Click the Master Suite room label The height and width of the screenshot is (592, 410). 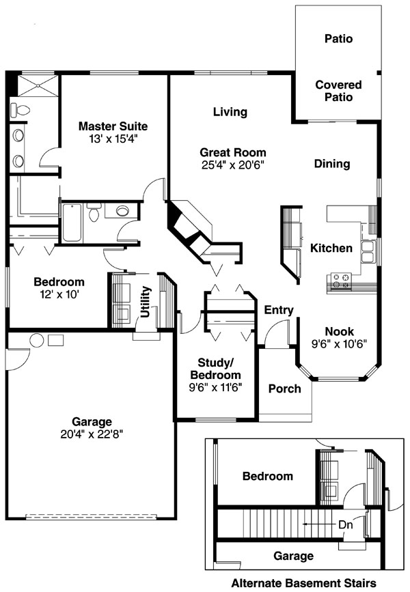tap(113, 126)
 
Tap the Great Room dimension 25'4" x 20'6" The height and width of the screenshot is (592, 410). tap(233, 165)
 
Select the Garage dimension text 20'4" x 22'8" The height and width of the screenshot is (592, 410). tap(92, 434)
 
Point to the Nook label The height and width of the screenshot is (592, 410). tap(340, 331)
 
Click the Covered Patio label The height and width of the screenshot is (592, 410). tap(338, 91)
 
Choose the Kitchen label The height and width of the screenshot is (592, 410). tap(331, 248)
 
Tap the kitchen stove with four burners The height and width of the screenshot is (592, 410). tap(340, 281)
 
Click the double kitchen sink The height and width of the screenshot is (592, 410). tap(368, 252)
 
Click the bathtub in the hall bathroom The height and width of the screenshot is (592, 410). tap(72, 223)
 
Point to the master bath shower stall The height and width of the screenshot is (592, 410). tap(38, 86)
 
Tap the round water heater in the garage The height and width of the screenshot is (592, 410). tap(37, 340)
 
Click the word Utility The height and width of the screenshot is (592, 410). tap(146, 302)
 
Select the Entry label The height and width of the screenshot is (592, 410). tap(279, 311)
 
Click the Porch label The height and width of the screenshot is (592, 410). tap(284, 389)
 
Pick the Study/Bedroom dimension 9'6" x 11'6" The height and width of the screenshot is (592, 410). tap(215, 387)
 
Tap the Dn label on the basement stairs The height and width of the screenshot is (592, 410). tap(345, 524)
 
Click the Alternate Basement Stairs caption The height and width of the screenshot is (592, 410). tap(303, 583)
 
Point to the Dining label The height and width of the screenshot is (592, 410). tap(332, 164)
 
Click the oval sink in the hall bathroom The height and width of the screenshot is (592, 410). tap(122, 210)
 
